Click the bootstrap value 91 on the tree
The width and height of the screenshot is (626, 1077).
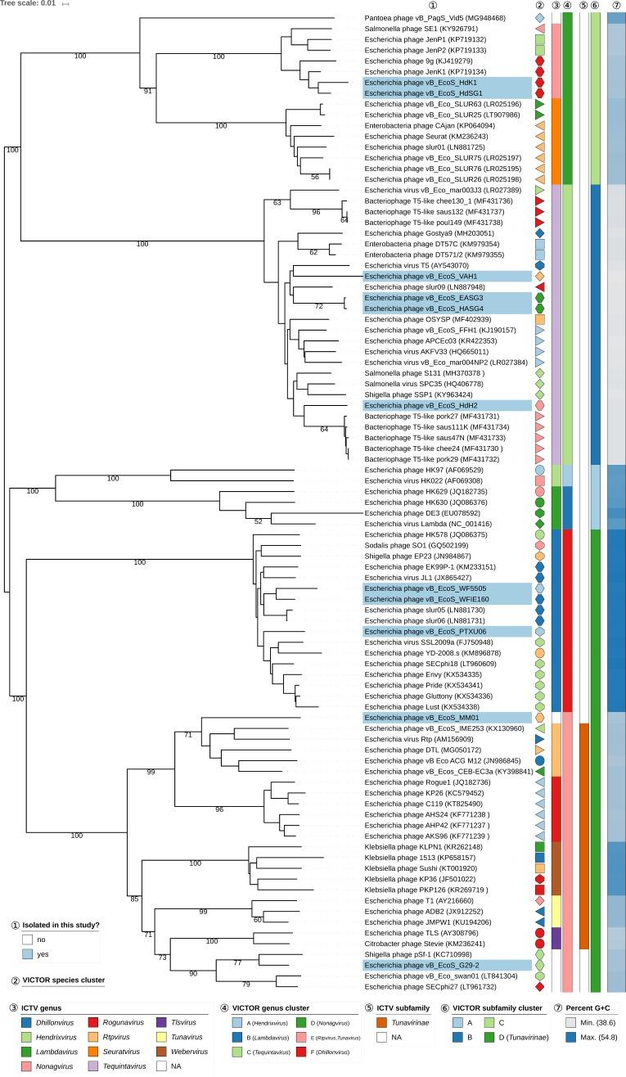click(147, 91)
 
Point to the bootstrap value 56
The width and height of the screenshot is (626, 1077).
click(315, 178)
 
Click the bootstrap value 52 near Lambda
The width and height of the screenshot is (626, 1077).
click(259, 521)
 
